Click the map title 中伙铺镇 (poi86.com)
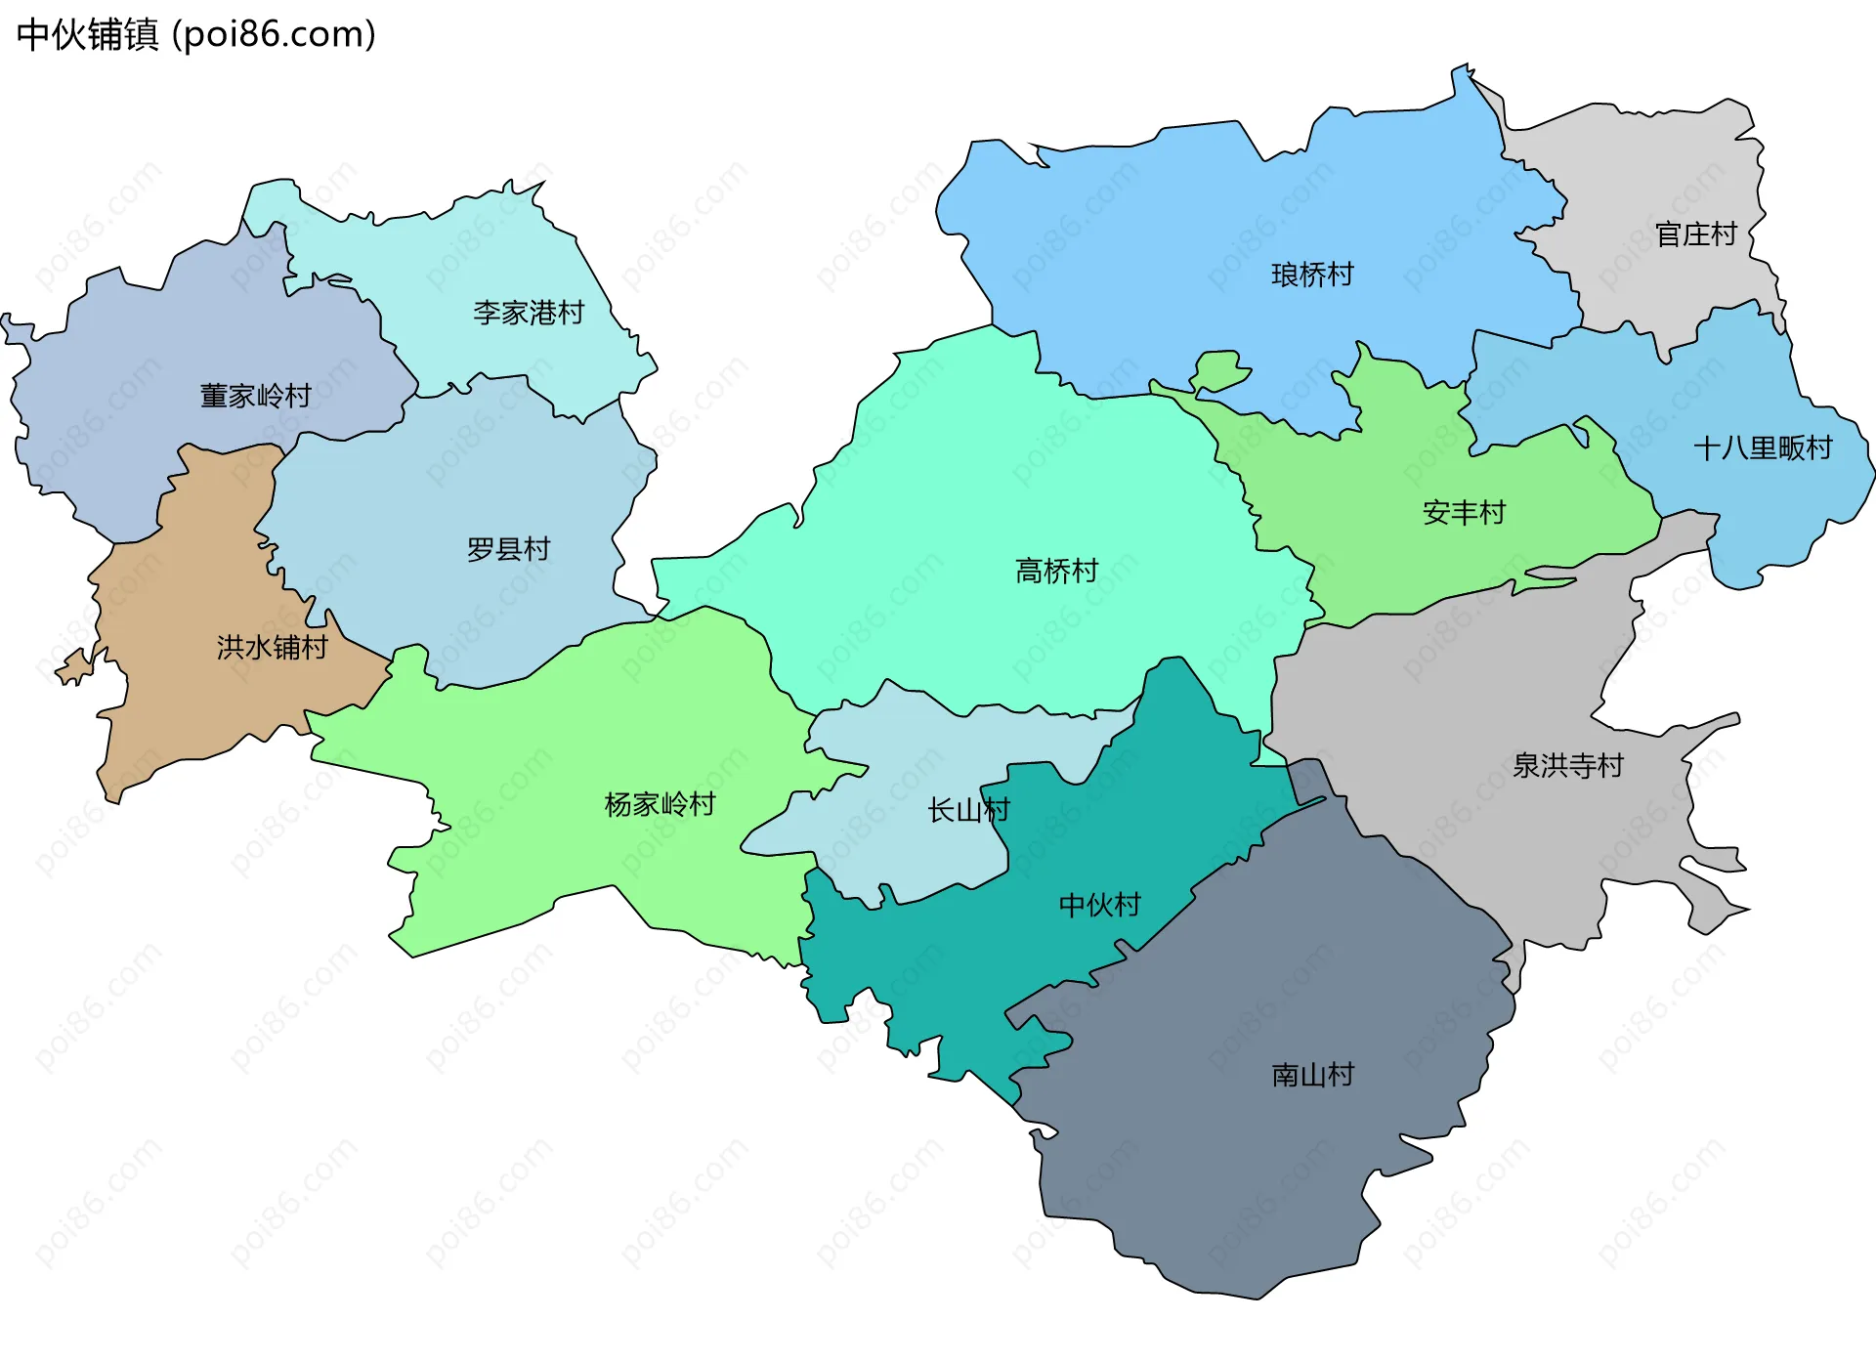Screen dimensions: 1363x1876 195,35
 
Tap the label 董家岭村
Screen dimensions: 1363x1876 255,396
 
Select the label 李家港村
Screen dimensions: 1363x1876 528,313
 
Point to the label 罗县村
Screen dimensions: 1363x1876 508,549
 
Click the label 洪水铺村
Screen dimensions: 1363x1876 272,647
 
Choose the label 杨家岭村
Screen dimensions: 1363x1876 660,804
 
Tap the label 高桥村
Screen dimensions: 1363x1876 1056,571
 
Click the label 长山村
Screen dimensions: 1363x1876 967,810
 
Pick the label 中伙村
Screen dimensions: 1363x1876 1099,905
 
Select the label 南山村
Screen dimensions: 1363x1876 1312,1075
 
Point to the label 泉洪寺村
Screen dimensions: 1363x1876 1567,765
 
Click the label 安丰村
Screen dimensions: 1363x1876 1464,512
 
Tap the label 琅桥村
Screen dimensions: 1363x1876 1312,275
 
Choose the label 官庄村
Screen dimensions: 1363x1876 1695,234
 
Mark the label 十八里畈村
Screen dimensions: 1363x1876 1762,448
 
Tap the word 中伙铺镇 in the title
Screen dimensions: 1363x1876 88,35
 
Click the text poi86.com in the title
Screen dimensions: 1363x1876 274,35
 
